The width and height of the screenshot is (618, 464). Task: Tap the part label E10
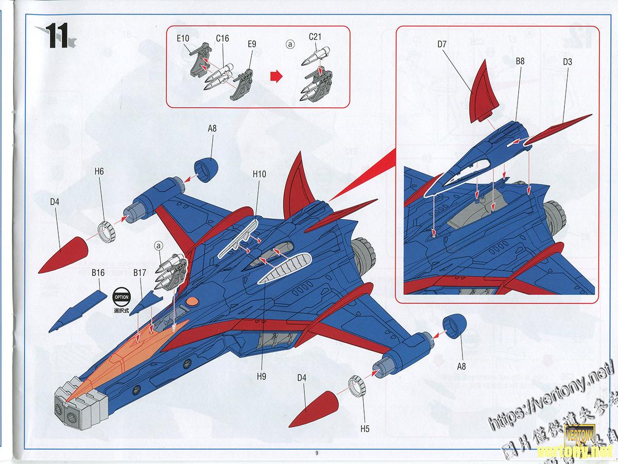pyautogui.click(x=183, y=39)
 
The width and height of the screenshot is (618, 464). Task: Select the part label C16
pyautogui.click(x=222, y=39)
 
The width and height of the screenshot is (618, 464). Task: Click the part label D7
pyautogui.click(x=442, y=44)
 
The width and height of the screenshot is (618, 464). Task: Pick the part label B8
pyautogui.click(x=520, y=61)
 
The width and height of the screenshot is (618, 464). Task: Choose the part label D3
pyautogui.click(x=568, y=61)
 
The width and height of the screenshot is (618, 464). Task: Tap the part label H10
pyautogui.click(x=260, y=174)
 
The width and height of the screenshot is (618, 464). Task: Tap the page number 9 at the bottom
pyautogui.click(x=318, y=453)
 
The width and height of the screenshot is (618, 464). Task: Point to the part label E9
pyautogui.click(x=252, y=44)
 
